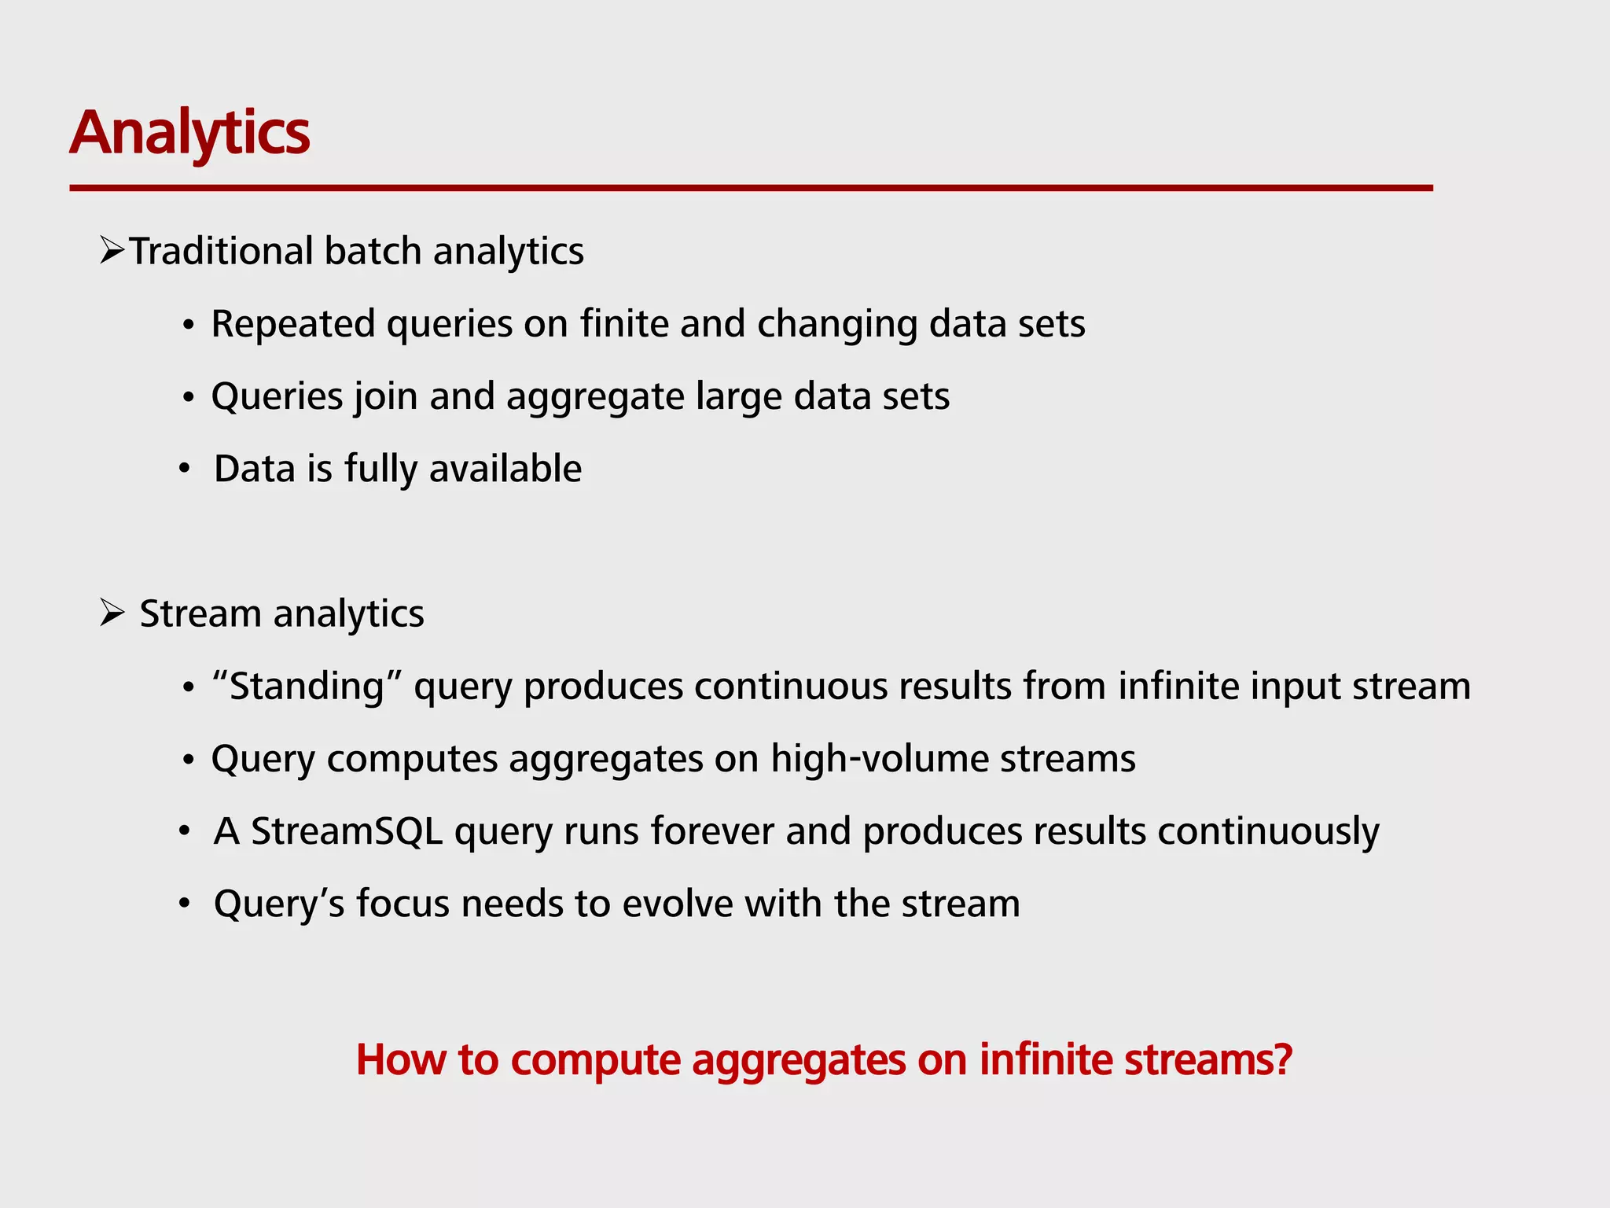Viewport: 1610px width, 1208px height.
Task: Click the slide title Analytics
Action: pyautogui.click(x=189, y=133)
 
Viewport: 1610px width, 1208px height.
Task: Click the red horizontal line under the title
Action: pyautogui.click(x=751, y=188)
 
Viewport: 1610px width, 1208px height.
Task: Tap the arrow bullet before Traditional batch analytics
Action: pyautogui.click(x=112, y=252)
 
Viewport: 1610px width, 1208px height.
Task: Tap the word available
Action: pyautogui.click(x=505, y=469)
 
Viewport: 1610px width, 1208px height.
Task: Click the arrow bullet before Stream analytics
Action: pyautogui.click(x=112, y=613)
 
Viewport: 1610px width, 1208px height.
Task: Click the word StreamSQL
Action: pyautogui.click(x=347, y=831)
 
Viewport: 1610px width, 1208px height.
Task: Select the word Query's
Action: pyautogui.click(x=279, y=904)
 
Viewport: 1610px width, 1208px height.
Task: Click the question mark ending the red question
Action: pyautogui.click(x=1283, y=1059)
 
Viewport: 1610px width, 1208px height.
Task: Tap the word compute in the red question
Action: pyautogui.click(x=595, y=1060)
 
